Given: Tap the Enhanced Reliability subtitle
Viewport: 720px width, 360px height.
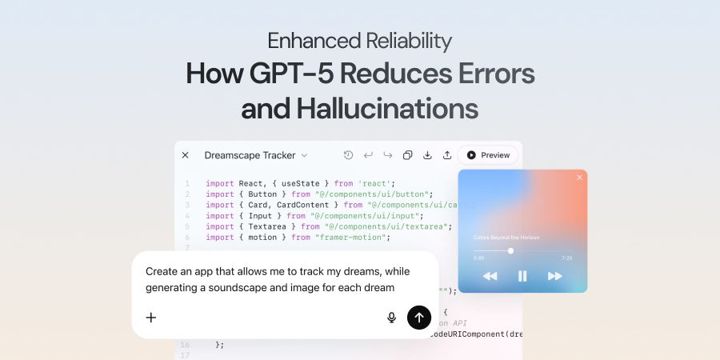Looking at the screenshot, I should pyautogui.click(x=360, y=40).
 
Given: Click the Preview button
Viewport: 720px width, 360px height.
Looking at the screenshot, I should pyautogui.click(x=488, y=155).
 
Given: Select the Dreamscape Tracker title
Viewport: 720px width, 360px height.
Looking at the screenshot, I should pyautogui.click(x=250, y=155).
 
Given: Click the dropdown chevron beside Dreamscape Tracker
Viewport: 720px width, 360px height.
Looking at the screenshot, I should pyautogui.click(x=304, y=155).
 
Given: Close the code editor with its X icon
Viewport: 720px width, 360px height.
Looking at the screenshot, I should pyautogui.click(x=186, y=155).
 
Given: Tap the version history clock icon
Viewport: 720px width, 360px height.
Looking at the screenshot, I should pyautogui.click(x=348, y=155).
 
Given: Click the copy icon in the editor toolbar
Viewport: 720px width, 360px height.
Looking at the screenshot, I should pyautogui.click(x=407, y=155).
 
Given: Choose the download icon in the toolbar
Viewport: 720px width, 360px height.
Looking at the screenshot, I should pyautogui.click(x=427, y=155).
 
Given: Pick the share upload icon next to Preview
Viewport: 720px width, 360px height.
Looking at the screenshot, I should pyautogui.click(x=447, y=155).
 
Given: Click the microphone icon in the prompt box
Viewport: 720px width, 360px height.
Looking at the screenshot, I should pyautogui.click(x=391, y=318).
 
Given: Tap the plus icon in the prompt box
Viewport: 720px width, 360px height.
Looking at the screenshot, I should pyautogui.click(x=151, y=318).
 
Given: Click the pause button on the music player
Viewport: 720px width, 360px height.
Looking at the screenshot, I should pyautogui.click(x=522, y=276).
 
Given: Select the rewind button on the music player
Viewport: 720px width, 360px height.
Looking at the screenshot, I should pyautogui.click(x=490, y=276).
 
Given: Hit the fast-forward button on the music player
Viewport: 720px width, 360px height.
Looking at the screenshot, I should pyautogui.click(x=554, y=276).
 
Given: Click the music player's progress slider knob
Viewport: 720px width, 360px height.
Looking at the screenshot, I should pyautogui.click(x=510, y=250).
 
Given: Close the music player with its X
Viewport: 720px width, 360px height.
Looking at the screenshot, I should pyautogui.click(x=579, y=178).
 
